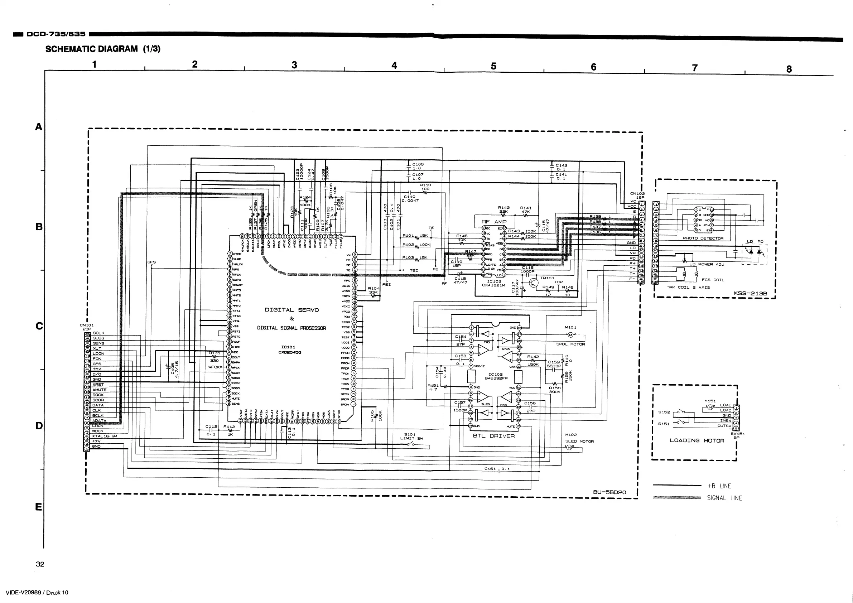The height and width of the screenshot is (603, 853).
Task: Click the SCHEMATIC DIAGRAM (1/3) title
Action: tap(102, 49)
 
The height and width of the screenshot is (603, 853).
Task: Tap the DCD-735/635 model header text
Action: tap(56, 34)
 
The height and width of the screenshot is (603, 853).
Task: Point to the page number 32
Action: tap(40, 564)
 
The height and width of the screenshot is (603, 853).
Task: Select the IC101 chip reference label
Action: tap(288, 347)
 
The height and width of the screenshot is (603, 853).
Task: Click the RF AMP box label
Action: tap(494, 222)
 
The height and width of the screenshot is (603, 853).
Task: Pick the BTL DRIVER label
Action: tap(494, 436)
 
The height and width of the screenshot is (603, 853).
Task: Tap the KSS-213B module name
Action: tap(750, 294)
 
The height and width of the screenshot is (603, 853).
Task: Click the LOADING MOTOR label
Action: tap(697, 441)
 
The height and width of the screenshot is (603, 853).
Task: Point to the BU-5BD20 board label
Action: tap(609, 492)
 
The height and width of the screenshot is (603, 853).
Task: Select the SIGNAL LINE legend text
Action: tap(724, 498)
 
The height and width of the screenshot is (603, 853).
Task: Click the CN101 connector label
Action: tap(87, 325)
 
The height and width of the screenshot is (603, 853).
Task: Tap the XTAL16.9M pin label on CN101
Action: tap(105, 436)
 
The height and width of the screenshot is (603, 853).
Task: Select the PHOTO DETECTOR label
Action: tap(703, 238)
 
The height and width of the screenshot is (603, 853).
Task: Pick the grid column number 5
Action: tap(493, 66)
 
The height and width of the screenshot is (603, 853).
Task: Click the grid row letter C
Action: tap(39, 326)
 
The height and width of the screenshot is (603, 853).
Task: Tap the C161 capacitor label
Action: tap(490, 469)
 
